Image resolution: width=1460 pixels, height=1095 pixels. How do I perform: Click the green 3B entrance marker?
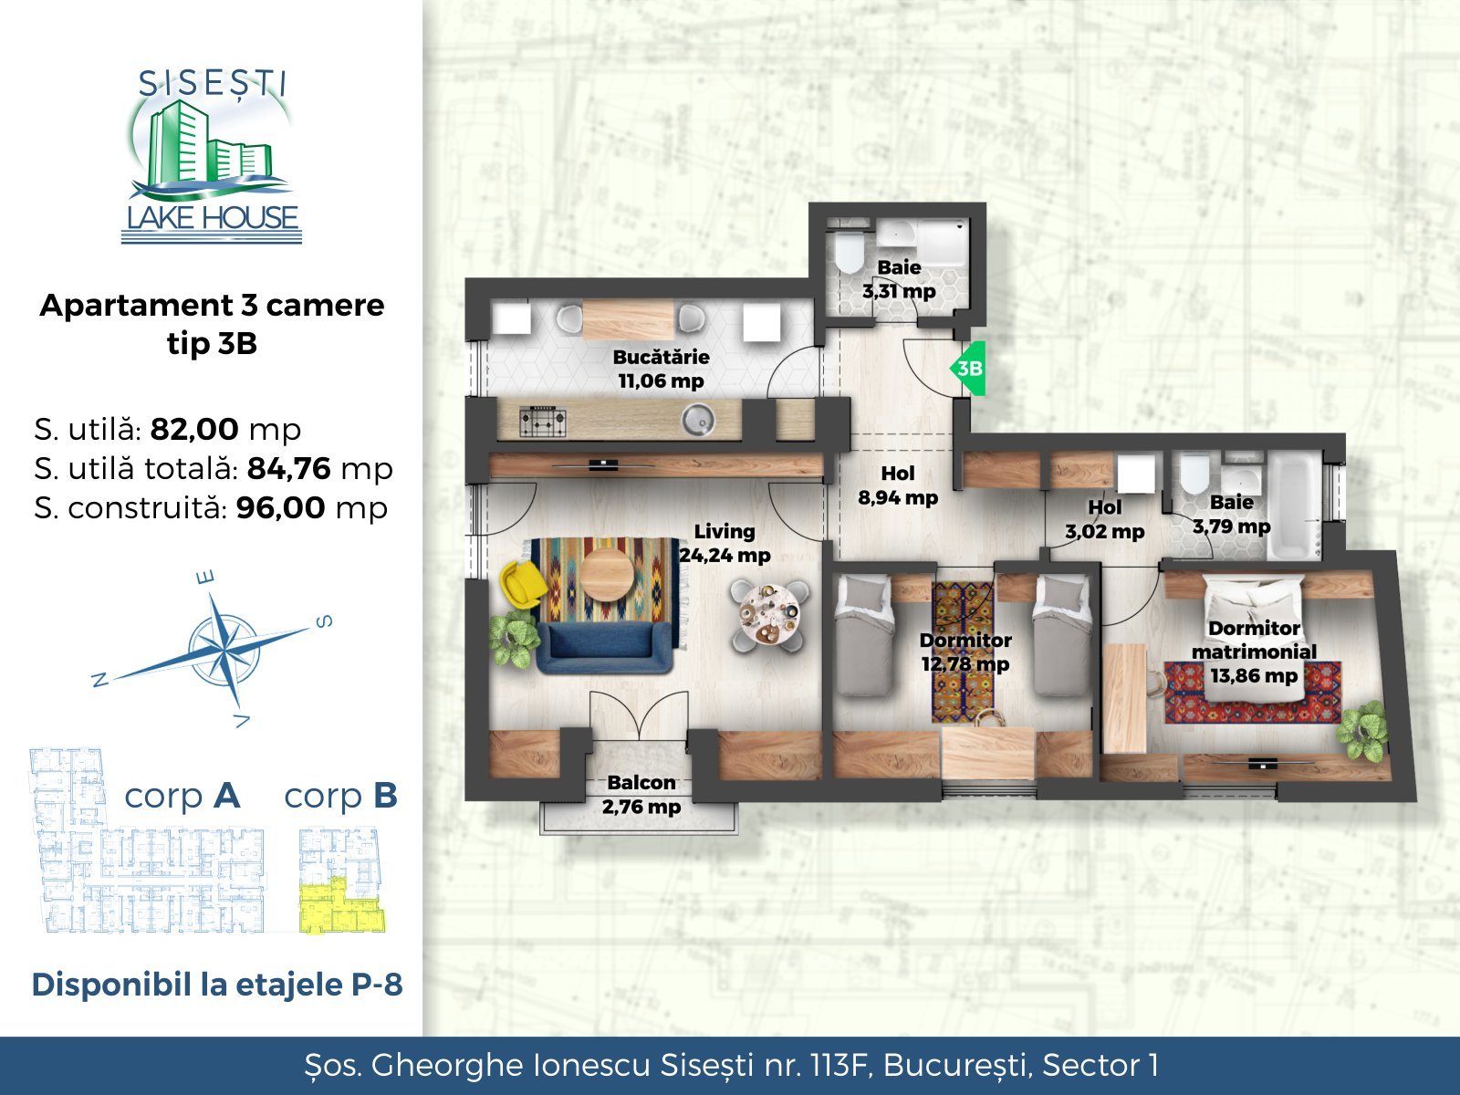(x=968, y=369)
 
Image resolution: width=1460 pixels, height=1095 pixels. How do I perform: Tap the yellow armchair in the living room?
(x=523, y=583)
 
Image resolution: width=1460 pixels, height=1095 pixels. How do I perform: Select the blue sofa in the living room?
(x=605, y=647)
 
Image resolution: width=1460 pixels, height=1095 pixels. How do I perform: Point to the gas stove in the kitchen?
(x=543, y=421)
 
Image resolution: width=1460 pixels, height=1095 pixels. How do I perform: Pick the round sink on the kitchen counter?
(x=698, y=420)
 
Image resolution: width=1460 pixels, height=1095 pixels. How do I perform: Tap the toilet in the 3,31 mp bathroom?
(x=849, y=251)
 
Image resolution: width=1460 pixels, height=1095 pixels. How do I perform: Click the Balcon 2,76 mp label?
(x=641, y=795)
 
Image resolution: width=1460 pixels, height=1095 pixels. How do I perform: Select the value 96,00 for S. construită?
(x=281, y=508)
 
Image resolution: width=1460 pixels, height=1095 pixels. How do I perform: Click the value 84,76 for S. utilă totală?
(x=289, y=469)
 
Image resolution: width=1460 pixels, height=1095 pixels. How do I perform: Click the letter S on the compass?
(x=324, y=621)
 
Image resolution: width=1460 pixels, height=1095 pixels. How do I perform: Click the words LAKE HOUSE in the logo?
(x=213, y=217)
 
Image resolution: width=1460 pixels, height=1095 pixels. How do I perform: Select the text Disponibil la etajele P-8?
(x=217, y=985)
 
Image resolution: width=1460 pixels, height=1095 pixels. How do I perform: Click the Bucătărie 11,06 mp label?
(x=662, y=369)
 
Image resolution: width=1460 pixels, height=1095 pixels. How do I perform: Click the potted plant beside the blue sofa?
(x=514, y=638)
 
